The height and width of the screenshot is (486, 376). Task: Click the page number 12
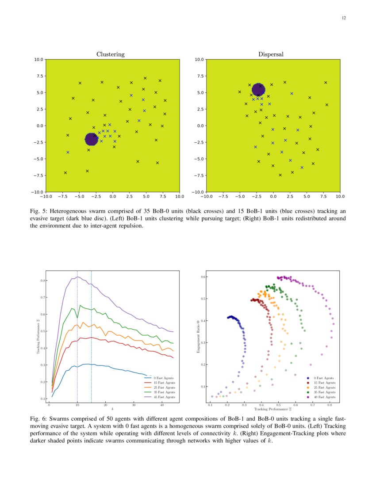(x=344, y=18)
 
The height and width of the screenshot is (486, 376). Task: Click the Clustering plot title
(x=111, y=54)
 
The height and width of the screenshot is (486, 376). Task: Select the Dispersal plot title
(x=271, y=54)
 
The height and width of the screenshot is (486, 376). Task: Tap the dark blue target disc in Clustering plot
(x=92, y=139)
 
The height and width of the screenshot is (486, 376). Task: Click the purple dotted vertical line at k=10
(x=77, y=336)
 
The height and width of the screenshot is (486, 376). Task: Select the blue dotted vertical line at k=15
(x=92, y=336)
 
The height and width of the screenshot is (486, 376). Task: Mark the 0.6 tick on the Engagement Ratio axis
(x=203, y=277)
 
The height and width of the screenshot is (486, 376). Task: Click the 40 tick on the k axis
(x=162, y=405)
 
